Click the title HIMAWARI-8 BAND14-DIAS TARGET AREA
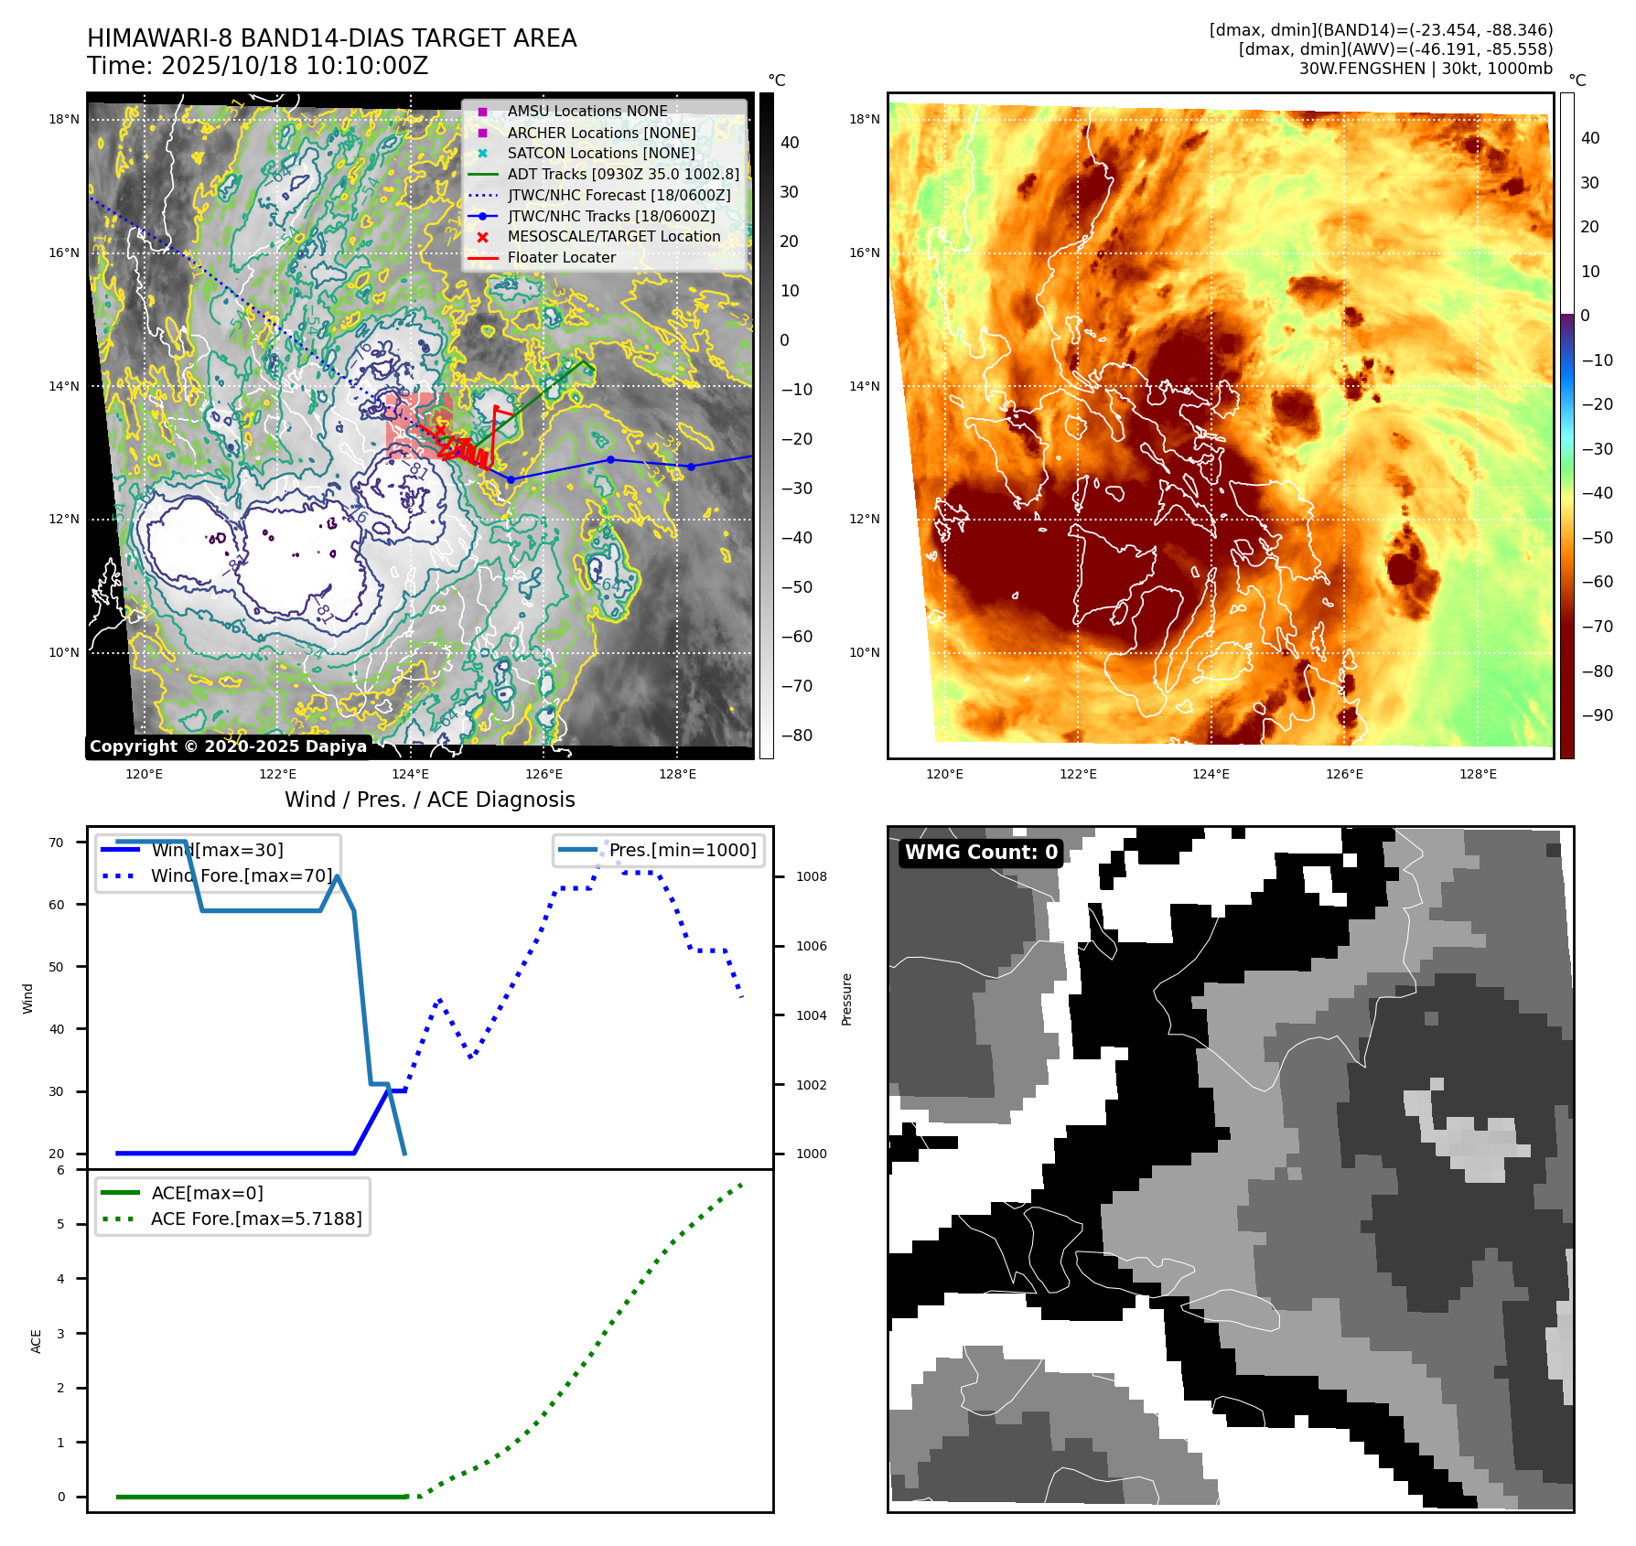(x=331, y=38)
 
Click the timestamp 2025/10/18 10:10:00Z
(x=295, y=66)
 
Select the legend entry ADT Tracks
(x=622, y=174)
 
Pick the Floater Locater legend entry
(x=561, y=258)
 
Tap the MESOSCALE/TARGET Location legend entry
(x=613, y=236)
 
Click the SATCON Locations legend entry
(x=600, y=153)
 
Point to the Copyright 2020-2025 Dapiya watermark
(x=228, y=746)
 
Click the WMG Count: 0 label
(x=981, y=853)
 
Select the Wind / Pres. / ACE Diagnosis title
(x=429, y=800)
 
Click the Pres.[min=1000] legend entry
(x=682, y=850)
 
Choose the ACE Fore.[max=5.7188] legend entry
(x=256, y=1219)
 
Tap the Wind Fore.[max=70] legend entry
(x=242, y=875)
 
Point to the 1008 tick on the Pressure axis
(x=811, y=876)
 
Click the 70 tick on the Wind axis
(x=57, y=843)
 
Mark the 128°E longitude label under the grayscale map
(x=677, y=774)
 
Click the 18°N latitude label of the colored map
(x=864, y=119)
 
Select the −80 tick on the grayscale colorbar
(x=796, y=735)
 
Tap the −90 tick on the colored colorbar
(x=1597, y=715)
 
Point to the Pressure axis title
(x=846, y=999)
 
